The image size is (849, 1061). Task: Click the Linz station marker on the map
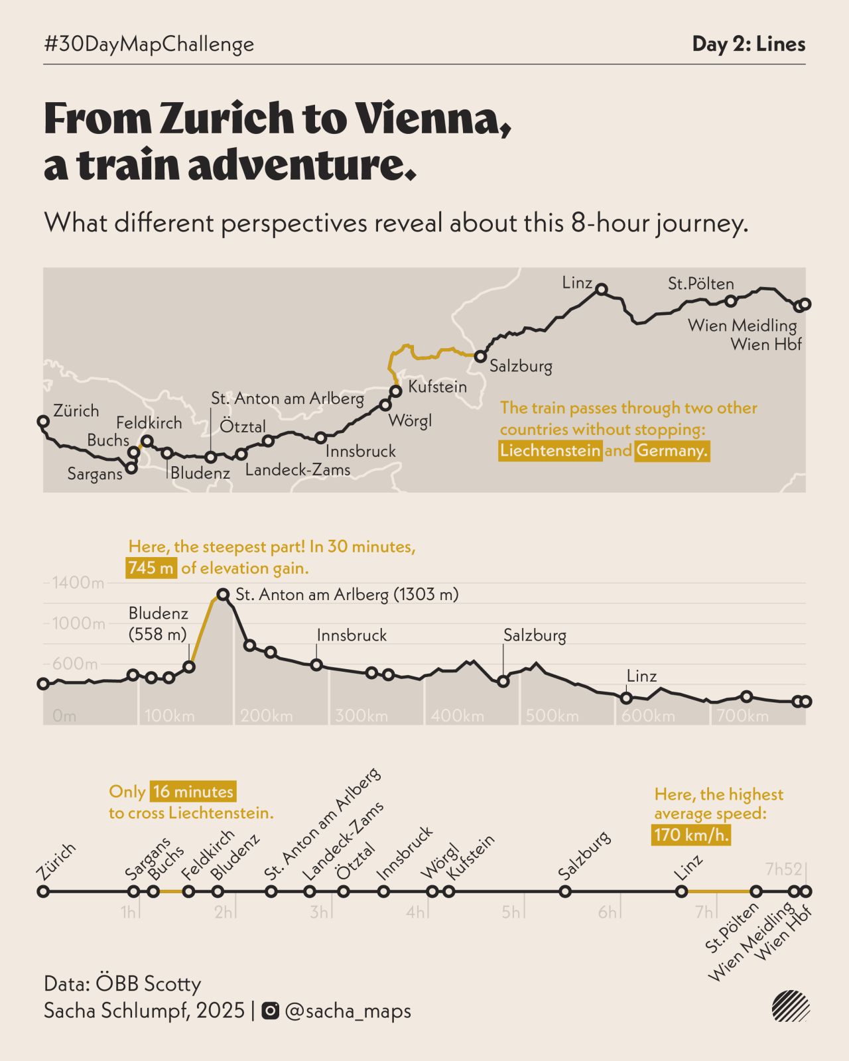coord(602,289)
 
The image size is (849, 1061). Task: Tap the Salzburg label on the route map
coord(521,366)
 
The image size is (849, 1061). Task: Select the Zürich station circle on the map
coord(43,421)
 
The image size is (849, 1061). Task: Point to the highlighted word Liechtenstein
coord(551,451)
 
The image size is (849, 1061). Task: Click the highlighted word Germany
coord(672,451)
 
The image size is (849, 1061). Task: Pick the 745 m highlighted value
coord(151,568)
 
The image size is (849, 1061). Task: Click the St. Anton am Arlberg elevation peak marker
coord(223,595)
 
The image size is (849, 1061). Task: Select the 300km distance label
coord(361,716)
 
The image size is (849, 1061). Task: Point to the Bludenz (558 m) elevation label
coord(159,624)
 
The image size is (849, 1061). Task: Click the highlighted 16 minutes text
coord(193,792)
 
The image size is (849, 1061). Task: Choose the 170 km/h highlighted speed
coord(691,835)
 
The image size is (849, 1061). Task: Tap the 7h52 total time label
coord(783,869)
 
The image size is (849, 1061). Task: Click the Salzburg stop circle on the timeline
coord(565,892)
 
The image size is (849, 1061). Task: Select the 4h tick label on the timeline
coord(415,912)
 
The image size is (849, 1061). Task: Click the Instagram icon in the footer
coord(271,1011)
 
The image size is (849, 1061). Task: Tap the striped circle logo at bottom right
coord(791,1007)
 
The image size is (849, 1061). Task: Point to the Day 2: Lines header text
coord(749,44)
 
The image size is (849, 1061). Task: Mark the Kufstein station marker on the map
coord(396,391)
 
